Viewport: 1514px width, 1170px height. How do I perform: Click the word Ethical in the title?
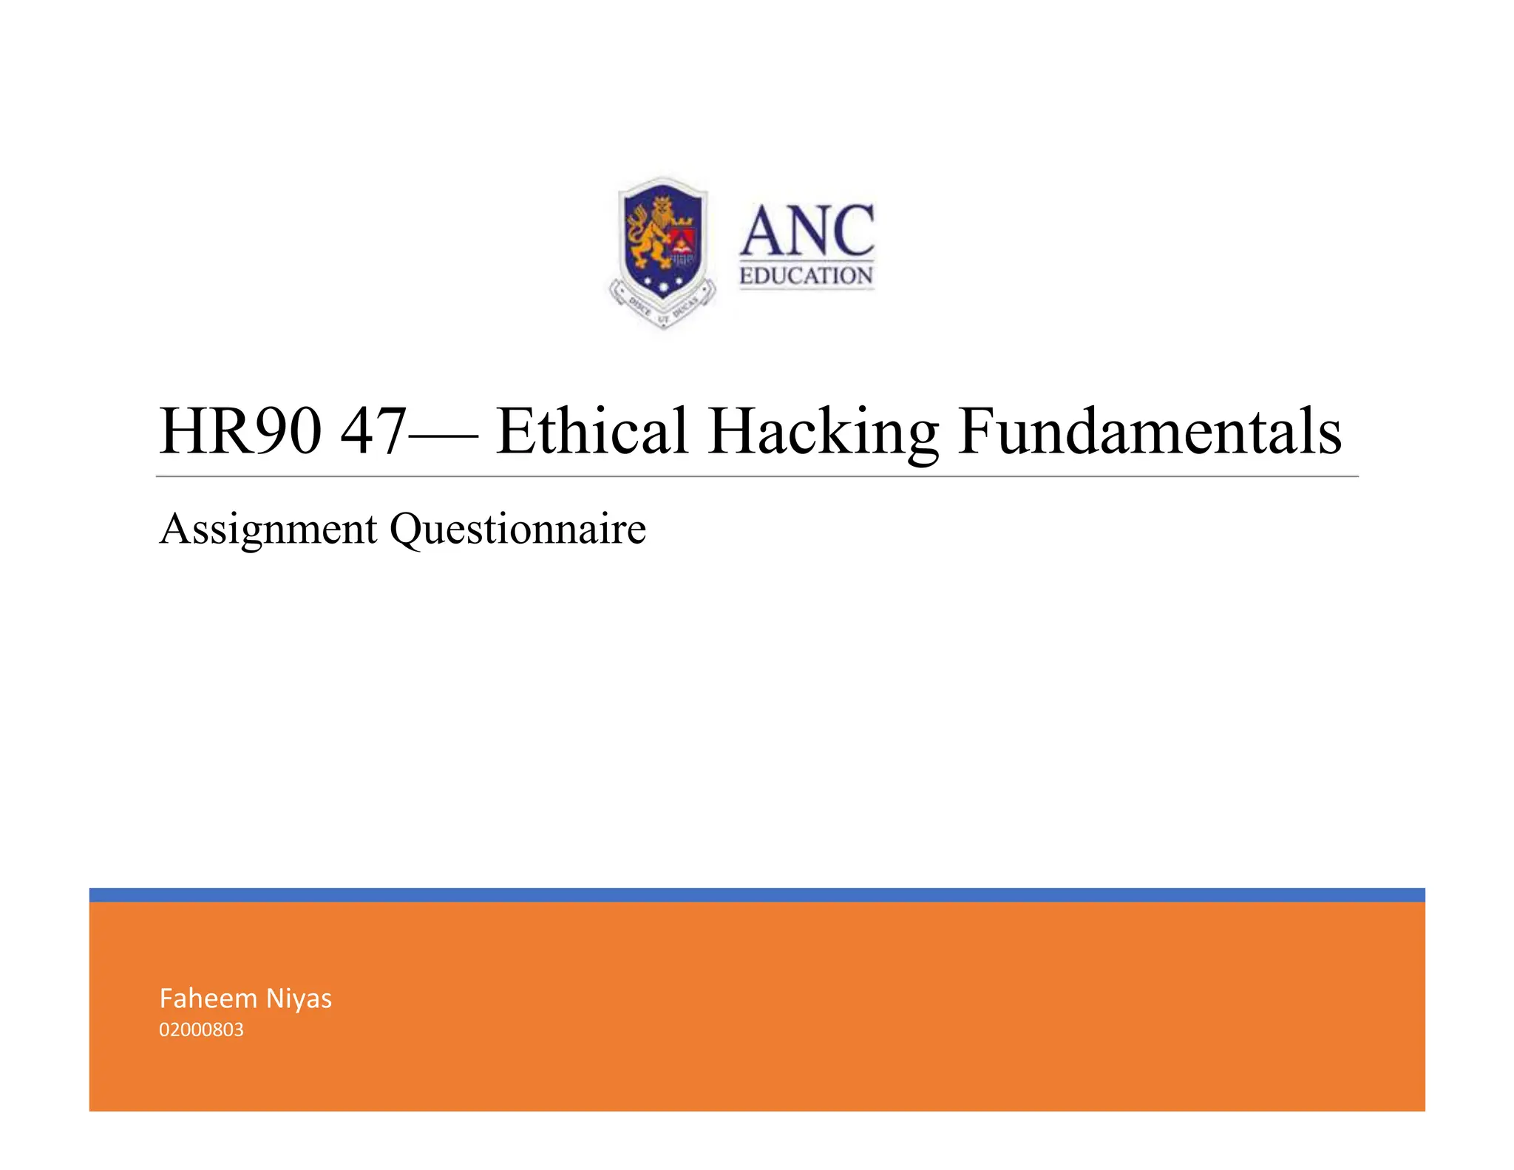click(x=592, y=431)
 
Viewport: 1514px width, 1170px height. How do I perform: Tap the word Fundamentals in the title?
click(x=1150, y=431)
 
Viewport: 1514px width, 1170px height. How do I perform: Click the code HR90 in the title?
click(x=241, y=431)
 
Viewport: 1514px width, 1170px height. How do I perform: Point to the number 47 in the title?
click(x=373, y=431)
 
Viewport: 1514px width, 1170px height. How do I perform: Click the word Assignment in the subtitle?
click(x=268, y=530)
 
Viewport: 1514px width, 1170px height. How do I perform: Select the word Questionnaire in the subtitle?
click(x=517, y=530)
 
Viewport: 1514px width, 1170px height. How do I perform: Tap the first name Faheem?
click(x=208, y=998)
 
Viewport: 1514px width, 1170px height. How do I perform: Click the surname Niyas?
click(x=299, y=999)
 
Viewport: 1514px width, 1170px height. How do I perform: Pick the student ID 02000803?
click(x=201, y=1030)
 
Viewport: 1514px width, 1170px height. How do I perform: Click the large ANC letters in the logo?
click(x=807, y=231)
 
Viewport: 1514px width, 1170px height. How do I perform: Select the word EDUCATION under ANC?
click(x=807, y=276)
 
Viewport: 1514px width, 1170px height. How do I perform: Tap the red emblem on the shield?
click(x=682, y=241)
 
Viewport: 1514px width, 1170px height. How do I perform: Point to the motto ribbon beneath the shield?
click(x=663, y=311)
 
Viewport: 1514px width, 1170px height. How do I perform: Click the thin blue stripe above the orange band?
click(x=757, y=895)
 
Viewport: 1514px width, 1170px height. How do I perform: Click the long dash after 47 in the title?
click(x=442, y=435)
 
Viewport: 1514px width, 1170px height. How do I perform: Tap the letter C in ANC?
click(x=850, y=231)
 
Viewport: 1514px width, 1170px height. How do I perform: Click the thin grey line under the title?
click(x=757, y=477)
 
